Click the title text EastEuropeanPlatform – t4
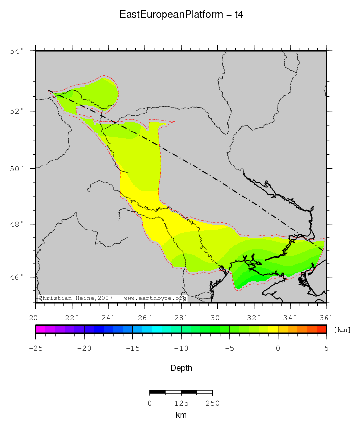181,15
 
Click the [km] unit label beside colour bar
342,329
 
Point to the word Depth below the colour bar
181,368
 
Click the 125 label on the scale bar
181,404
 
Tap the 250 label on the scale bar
212,404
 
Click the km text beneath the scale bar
181,415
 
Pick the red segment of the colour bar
322,329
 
